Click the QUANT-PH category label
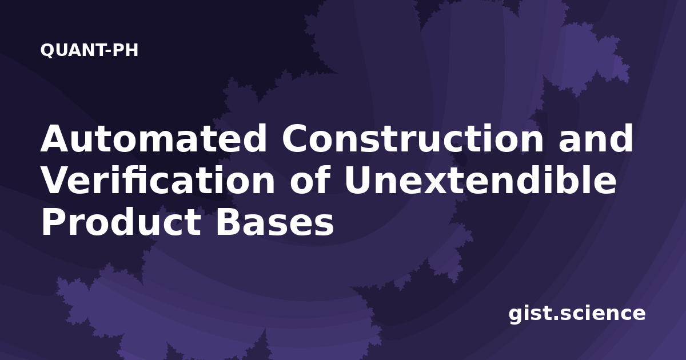pyautogui.click(x=89, y=50)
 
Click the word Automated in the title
pyautogui.click(x=154, y=138)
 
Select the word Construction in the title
pyautogui.click(x=413, y=138)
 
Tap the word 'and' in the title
pyautogui.click(x=596, y=138)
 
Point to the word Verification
pyautogui.click(x=158, y=180)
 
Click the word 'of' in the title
pyautogui.click(x=310, y=180)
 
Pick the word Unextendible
pyautogui.click(x=481, y=180)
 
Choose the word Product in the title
pyautogui.click(x=121, y=222)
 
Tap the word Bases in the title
pyautogui.click(x=275, y=222)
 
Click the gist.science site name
pyautogui.click(x=577, y=314)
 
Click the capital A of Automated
pyautogui.click(x=54, y=138)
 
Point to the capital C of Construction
pyautogui.click(x=295, y=138)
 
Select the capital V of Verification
pyautogui.click(x=54, y=180)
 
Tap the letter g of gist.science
pyautogui.click(x=516, y=315)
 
